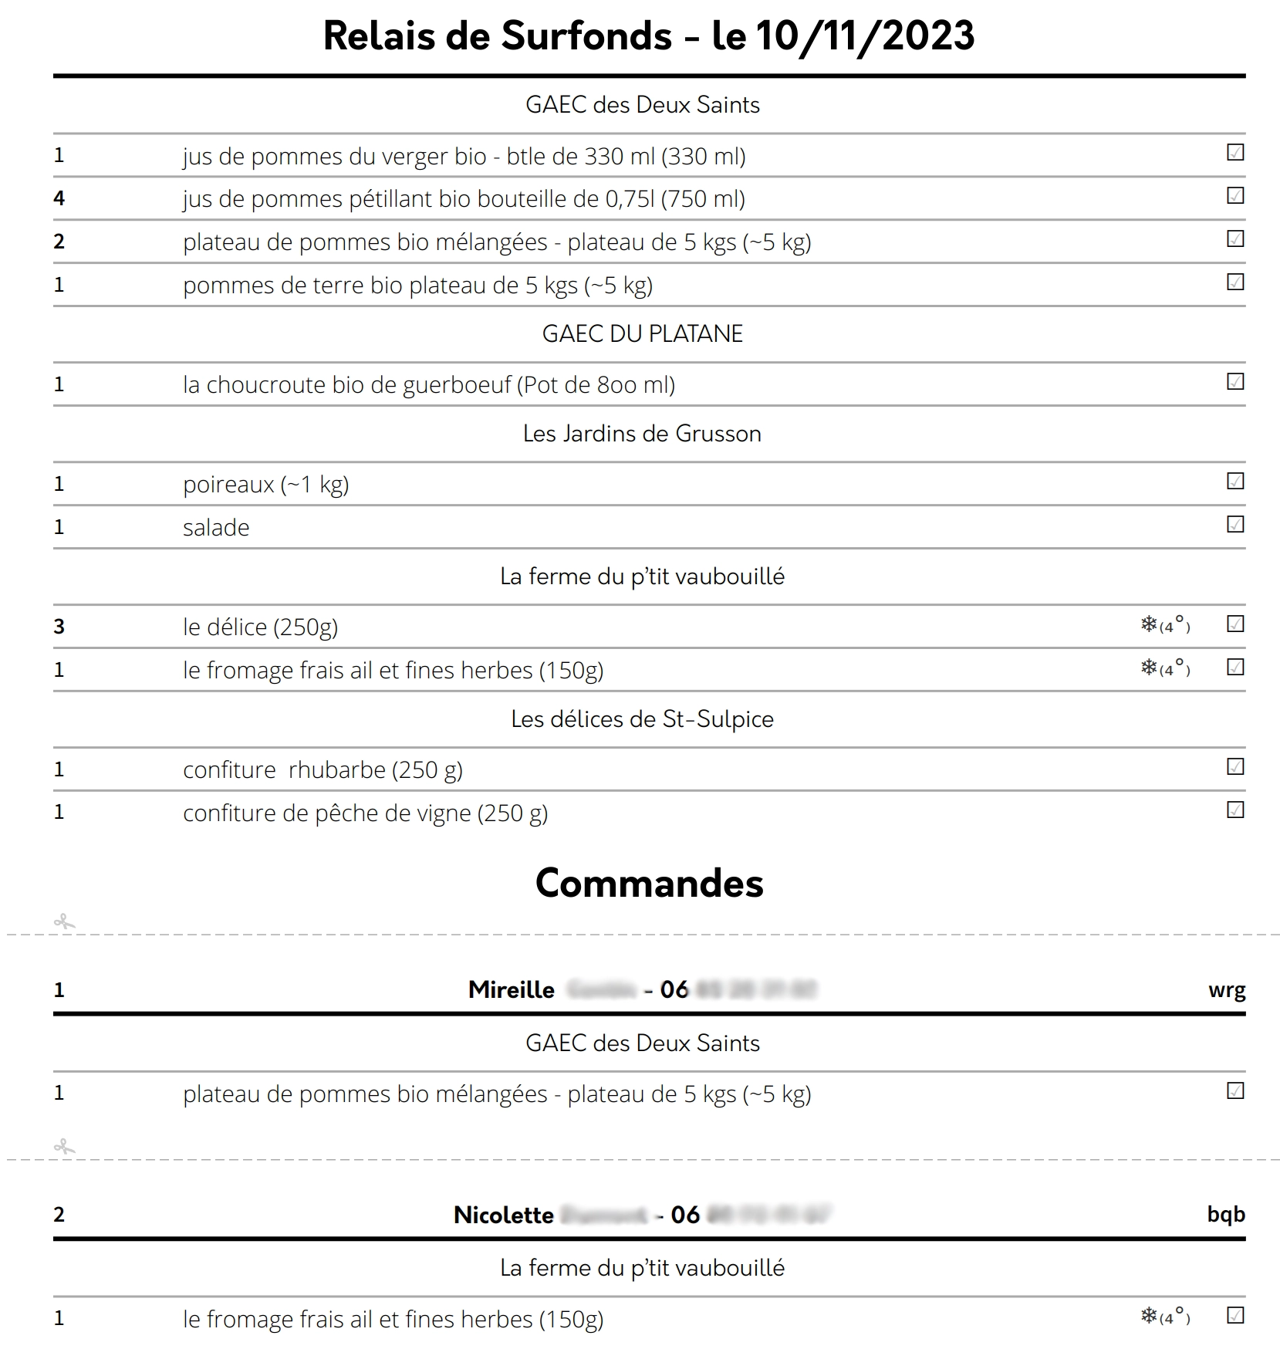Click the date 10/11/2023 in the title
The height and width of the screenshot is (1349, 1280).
coord(864,36)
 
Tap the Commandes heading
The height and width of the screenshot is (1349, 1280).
coord(649,883)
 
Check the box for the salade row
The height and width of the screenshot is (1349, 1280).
coord(1234,525)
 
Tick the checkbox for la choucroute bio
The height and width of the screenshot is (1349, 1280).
coord(1234,382)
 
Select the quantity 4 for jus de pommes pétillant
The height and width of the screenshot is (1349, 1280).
coord(59,198)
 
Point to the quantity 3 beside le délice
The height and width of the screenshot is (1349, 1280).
coord(59,627)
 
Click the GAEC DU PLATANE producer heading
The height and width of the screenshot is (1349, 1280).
coord(642,333)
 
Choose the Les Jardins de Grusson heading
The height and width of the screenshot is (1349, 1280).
coord(642,434)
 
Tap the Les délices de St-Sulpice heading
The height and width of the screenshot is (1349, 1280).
coord(642,719)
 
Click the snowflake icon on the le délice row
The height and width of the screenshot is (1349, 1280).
coord(1149,624)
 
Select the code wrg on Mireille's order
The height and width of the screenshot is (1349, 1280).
coord(1226,990)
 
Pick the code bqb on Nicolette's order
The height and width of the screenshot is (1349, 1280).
coord(1225,1215)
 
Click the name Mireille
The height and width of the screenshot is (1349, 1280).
coord(511,990)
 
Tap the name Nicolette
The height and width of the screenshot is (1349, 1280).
coord(503,1215)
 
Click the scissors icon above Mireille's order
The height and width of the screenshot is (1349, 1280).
coord(65,921)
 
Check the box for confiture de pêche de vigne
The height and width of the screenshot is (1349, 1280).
coord(1234,810)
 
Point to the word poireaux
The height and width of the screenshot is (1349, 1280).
coord(228,485)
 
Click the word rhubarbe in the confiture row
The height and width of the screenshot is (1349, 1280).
coord(336,770)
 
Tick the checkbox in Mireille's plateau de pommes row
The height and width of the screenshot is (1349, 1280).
coord(1234,1091)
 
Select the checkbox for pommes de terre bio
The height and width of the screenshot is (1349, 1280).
coord(1234,282)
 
